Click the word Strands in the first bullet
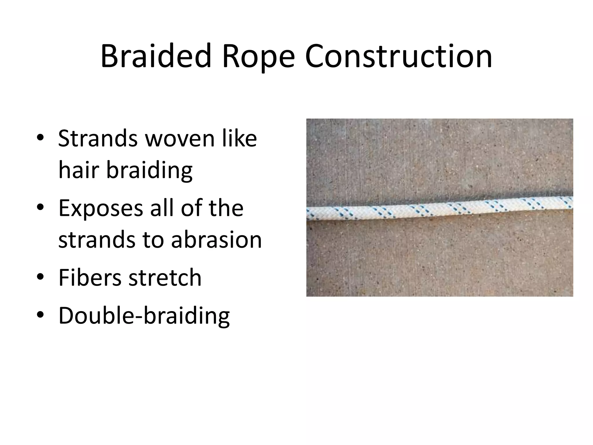pyautogui.click(x=98, y=138)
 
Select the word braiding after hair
pyautogui.click(x=149, y=170)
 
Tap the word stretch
pyautogui.click(x=165, y=277)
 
